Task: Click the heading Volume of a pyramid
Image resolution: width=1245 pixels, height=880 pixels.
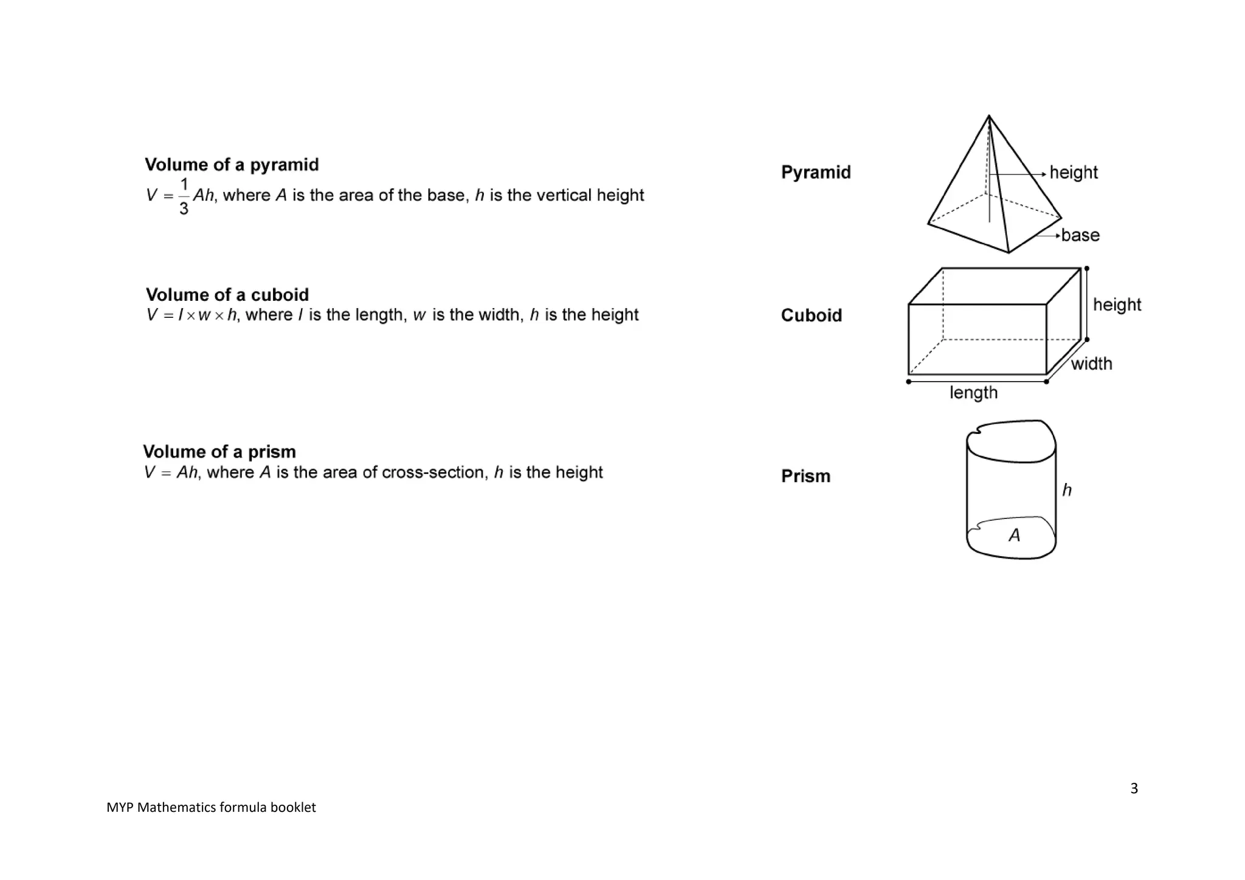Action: (232, 165)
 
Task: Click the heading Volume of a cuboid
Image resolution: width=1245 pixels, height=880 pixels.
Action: (227, 295)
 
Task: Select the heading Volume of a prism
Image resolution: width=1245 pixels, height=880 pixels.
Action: (219, 452)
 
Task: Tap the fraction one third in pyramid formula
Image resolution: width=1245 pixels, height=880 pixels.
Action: (184, 196)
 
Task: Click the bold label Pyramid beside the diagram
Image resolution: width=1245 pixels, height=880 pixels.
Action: (816, 173)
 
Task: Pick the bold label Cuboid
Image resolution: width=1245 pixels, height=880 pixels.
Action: (812, 315)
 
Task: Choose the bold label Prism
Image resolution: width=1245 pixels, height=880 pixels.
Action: (805, 476)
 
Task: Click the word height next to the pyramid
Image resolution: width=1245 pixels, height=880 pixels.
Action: (1074, 173)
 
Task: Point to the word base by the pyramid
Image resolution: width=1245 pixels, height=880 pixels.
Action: (1080, 235)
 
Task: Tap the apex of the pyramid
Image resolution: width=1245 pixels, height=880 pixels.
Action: (989, 116)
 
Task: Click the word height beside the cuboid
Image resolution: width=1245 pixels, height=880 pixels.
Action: (1117, 304)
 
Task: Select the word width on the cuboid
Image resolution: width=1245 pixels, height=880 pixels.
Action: (1091, 363)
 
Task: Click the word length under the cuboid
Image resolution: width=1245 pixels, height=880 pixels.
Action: (973, 393)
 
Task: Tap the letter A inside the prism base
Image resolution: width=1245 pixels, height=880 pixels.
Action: (1014, 535)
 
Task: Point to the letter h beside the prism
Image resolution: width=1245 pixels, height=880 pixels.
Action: (1067, 490)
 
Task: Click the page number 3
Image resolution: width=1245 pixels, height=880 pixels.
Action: (1134, 788)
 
